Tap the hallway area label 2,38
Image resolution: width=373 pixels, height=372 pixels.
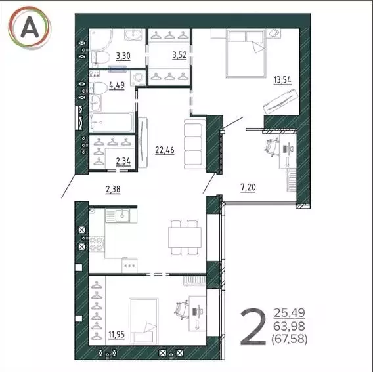(114, 190)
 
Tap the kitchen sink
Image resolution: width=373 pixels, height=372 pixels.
(120, 215)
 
